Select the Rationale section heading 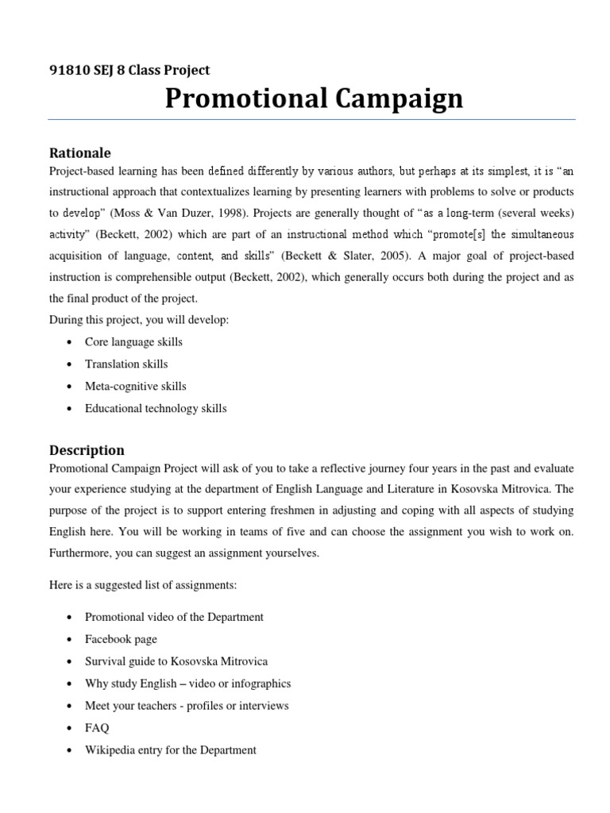(x=80, y=152)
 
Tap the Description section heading (x=87, y=450)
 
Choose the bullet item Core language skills (x=133, y=341)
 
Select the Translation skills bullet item (x=126, y=364)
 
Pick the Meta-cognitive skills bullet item (x=135, y=386)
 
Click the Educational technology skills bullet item (x=156, y=408)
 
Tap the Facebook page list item (x=121, y=638)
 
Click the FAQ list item (x=97, y=727)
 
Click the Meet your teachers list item (x=187, y=705)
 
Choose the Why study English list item (x=187, y=683)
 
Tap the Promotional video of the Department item (x=174, y=616)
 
